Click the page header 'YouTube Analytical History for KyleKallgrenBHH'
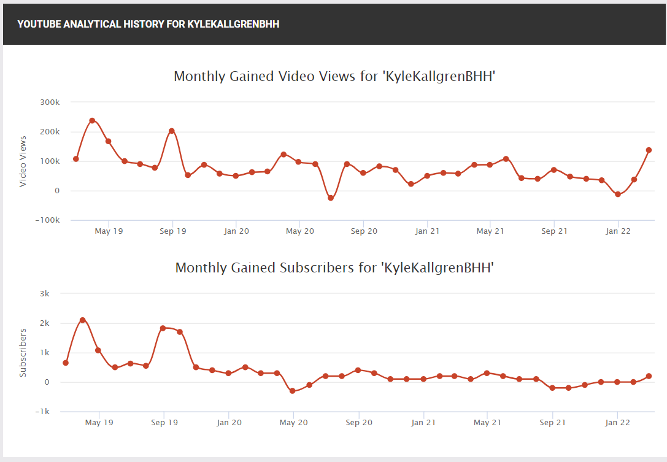coord(148,25)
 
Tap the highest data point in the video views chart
coord(92,121)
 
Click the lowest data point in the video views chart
coord(331,198)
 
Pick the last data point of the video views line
coord(649,150)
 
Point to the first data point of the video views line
coord(76,159)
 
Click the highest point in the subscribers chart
coord(82,320)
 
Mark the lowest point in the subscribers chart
coord(292,391)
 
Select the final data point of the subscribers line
coord(649,376)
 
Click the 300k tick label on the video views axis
coord(50,102)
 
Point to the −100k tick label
coord(47,220)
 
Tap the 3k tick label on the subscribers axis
coord(45,293)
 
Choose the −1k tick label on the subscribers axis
coord(42,411)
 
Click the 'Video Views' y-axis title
coord(23,161)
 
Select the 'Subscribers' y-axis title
coord(23,353)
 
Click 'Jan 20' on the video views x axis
coord(236,231)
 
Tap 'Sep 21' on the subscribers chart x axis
coord(553,423)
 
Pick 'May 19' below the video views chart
coord(109,231)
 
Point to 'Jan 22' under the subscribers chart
coord(618,423)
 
